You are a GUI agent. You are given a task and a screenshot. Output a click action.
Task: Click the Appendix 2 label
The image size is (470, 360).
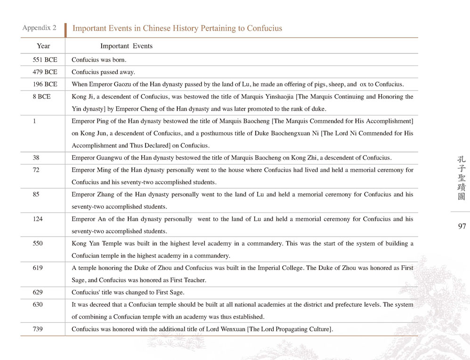39,28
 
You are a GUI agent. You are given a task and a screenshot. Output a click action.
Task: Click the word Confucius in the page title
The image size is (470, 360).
263,28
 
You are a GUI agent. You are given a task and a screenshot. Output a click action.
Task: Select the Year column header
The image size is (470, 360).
43,46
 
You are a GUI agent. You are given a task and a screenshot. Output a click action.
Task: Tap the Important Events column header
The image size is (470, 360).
126,46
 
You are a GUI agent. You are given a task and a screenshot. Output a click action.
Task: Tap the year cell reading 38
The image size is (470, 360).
36,158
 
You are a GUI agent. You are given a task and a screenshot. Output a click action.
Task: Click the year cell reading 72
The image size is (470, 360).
36,170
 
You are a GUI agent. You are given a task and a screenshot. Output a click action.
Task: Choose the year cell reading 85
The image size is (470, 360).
36,195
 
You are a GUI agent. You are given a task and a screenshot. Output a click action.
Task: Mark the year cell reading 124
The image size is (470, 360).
38,219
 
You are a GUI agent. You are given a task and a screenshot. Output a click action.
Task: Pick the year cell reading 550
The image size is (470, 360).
38,244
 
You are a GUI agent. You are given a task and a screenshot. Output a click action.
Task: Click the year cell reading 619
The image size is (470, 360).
38,268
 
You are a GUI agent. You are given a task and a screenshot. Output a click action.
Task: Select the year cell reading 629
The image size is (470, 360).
38,293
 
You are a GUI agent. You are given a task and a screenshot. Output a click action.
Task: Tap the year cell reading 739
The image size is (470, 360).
38,329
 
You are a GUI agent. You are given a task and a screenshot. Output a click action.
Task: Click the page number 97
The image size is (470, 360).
462,227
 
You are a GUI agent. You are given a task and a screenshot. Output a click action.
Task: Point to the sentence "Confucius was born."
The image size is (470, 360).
99,60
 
